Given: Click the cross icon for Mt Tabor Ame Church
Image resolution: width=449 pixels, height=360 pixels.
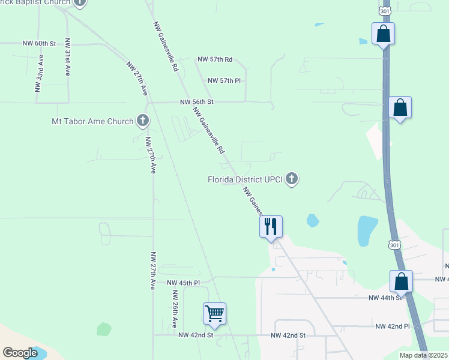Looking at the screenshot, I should pyautogui.click(x=143, y=121).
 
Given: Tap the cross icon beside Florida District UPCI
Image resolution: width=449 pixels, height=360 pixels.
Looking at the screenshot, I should pyautogui.click(x=292, y=179).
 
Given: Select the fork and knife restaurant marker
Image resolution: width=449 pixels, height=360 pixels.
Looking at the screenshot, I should pyautogui.click(x=271, y=226).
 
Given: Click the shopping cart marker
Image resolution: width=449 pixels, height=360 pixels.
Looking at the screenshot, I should pyautogui.click(x=214, y=313).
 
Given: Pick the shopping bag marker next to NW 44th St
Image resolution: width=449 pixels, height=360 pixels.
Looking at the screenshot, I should pyautogui.click(x=401, y=281).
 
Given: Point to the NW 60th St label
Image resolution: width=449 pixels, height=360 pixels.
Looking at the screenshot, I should pyautogui.click(x=39, y=44).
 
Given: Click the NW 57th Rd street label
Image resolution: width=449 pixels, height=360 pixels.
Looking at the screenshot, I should pyautogui.click(x=215, y=59).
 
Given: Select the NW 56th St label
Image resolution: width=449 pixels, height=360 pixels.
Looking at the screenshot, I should pyautogui.click(x=197, y=103).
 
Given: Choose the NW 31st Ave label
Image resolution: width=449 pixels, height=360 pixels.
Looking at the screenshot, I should pyautogui.click(x=68, y=58).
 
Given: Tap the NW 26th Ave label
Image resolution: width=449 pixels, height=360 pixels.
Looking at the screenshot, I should pyautogui.click(x=175, y=309).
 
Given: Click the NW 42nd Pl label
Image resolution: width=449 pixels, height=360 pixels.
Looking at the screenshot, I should pyautogui.click(x=392, y=326).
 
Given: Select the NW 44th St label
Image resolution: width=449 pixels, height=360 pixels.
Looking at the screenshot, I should pyautogui.click(x=384, y=298).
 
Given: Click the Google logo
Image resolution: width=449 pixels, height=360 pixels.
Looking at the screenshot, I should pyautogui.click(x=20, y=353).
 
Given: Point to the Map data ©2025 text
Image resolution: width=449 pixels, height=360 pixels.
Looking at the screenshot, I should pyautogui.click(x=423, y=355).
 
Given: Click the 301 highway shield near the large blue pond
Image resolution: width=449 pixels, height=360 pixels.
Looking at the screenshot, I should pyautogui.click(x=394, y=245).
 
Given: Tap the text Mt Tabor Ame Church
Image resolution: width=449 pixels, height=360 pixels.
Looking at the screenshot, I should pyautogui.click(x=92, y=122).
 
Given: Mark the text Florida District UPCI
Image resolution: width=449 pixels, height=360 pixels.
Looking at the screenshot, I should pyautogui.click(x=245, y=179).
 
